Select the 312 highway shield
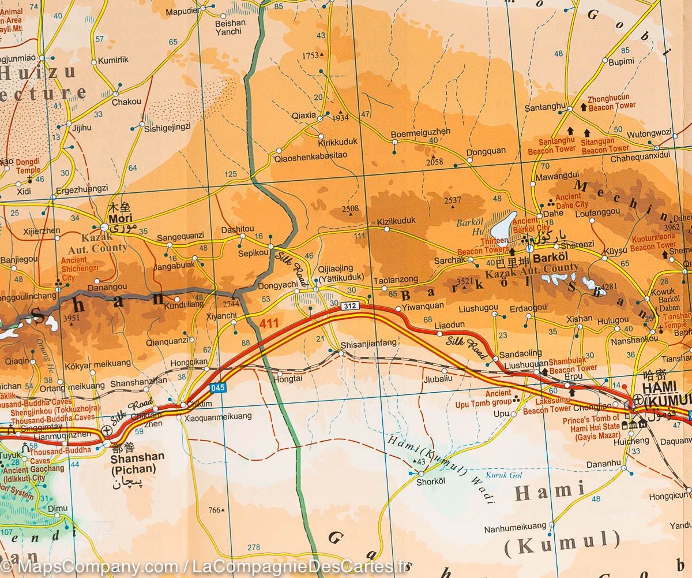tap(349, 305)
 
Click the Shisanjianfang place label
tap(369, 343)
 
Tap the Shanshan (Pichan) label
tap(137, 462)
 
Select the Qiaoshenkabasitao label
tap(311, 155)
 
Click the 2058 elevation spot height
tap(434, 162)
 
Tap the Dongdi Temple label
tap(28, 166)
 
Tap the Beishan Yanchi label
tap(230, 27)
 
